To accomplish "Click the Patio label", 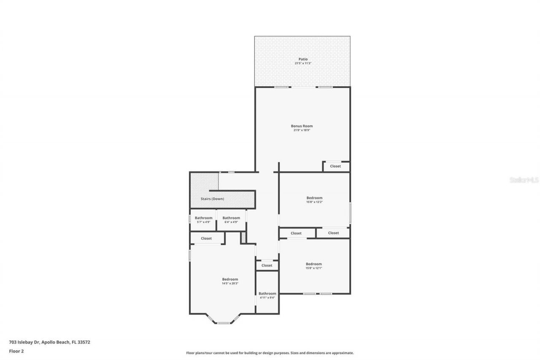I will point(302,59).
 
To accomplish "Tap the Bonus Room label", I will point(302,126).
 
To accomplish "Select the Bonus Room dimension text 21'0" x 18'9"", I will point(302,130).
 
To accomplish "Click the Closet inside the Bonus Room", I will point(335,166).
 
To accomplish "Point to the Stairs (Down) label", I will point(213,199).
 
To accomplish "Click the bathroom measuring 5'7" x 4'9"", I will point(203,220).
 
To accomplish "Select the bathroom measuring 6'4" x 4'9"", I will point(231,220).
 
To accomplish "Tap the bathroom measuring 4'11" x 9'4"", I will point(267,295).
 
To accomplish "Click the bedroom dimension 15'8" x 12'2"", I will point(314,202).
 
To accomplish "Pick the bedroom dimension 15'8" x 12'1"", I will point(314,268).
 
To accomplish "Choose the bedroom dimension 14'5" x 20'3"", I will point(230,284).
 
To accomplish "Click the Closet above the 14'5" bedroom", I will point(206,238).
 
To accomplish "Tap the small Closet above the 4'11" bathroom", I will point(267,265).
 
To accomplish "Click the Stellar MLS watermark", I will point(524,180).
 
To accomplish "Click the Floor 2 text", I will point(16,351).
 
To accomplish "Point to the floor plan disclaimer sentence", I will point(270,353).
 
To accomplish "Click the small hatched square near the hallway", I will point(243,238).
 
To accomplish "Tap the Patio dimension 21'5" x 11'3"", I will point(302,63).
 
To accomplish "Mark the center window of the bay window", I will point(223,323).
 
